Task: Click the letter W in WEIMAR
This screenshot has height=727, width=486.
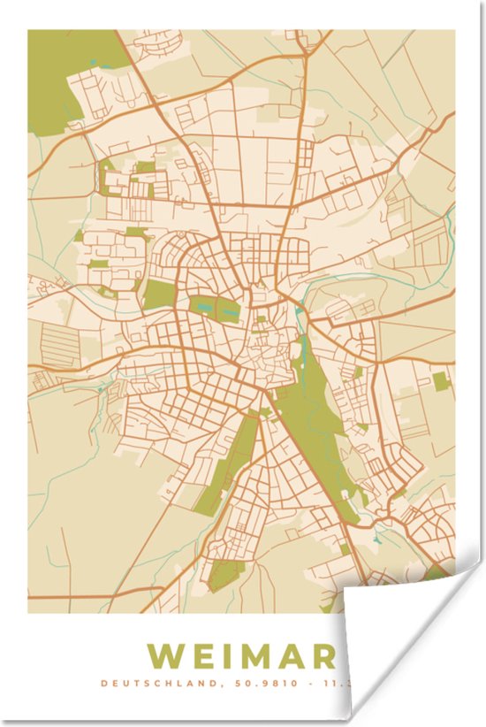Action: coord(168,656)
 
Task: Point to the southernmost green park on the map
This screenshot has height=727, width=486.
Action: coord(225,575)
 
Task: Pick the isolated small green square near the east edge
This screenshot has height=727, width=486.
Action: coord(440,381)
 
